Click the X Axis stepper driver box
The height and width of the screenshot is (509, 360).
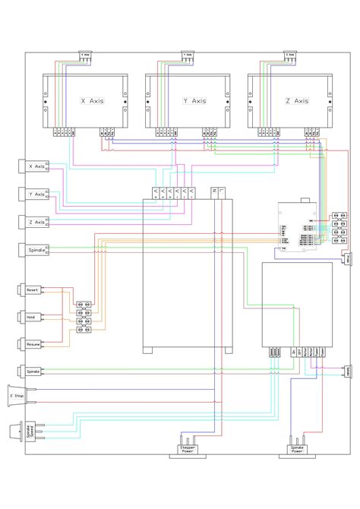[84, 101]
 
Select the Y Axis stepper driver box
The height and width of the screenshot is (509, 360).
[188, 101]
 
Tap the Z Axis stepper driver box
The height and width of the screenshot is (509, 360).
[291, 101]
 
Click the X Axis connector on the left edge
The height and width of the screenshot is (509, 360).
[36, 166]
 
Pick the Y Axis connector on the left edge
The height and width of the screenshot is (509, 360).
[36, 194]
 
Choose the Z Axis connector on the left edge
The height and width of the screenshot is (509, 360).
[36, 221]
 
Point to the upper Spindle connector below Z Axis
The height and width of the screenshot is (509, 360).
[36, 249]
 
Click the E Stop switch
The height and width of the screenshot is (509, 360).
[17, 396]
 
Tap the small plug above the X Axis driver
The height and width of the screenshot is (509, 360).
[85, 55]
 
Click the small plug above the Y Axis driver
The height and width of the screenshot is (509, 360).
[188, 55]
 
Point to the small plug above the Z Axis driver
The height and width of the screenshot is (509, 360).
[289, 55]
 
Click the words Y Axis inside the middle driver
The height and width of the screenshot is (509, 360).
[194, 100]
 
